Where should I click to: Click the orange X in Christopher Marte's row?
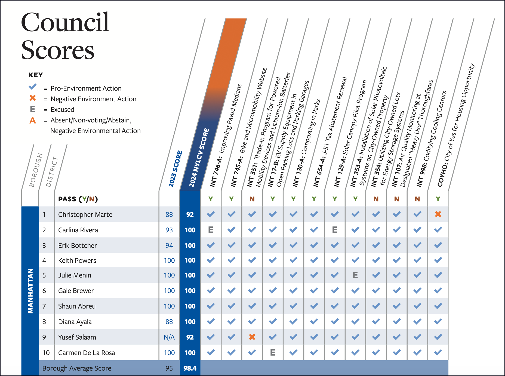pos(438,214)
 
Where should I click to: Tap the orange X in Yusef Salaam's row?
pos(252,337)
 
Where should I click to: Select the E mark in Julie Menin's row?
pos(355,275)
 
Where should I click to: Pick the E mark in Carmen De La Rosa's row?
pos(272,353)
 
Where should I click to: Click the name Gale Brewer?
pos(76,291)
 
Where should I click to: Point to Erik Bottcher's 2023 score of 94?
pos(169,245)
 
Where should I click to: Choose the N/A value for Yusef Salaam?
pos(169,337)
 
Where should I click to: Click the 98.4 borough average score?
pos(190,368)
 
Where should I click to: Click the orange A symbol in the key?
pos(33,120)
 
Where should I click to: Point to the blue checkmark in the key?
pos(33,87)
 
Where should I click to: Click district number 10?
pos(46,353)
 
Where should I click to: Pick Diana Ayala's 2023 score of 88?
pos(169,322)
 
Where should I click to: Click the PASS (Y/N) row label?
pos(78,199)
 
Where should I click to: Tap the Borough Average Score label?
pos(77,368)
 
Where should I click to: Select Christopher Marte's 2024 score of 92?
pos(190,214)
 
